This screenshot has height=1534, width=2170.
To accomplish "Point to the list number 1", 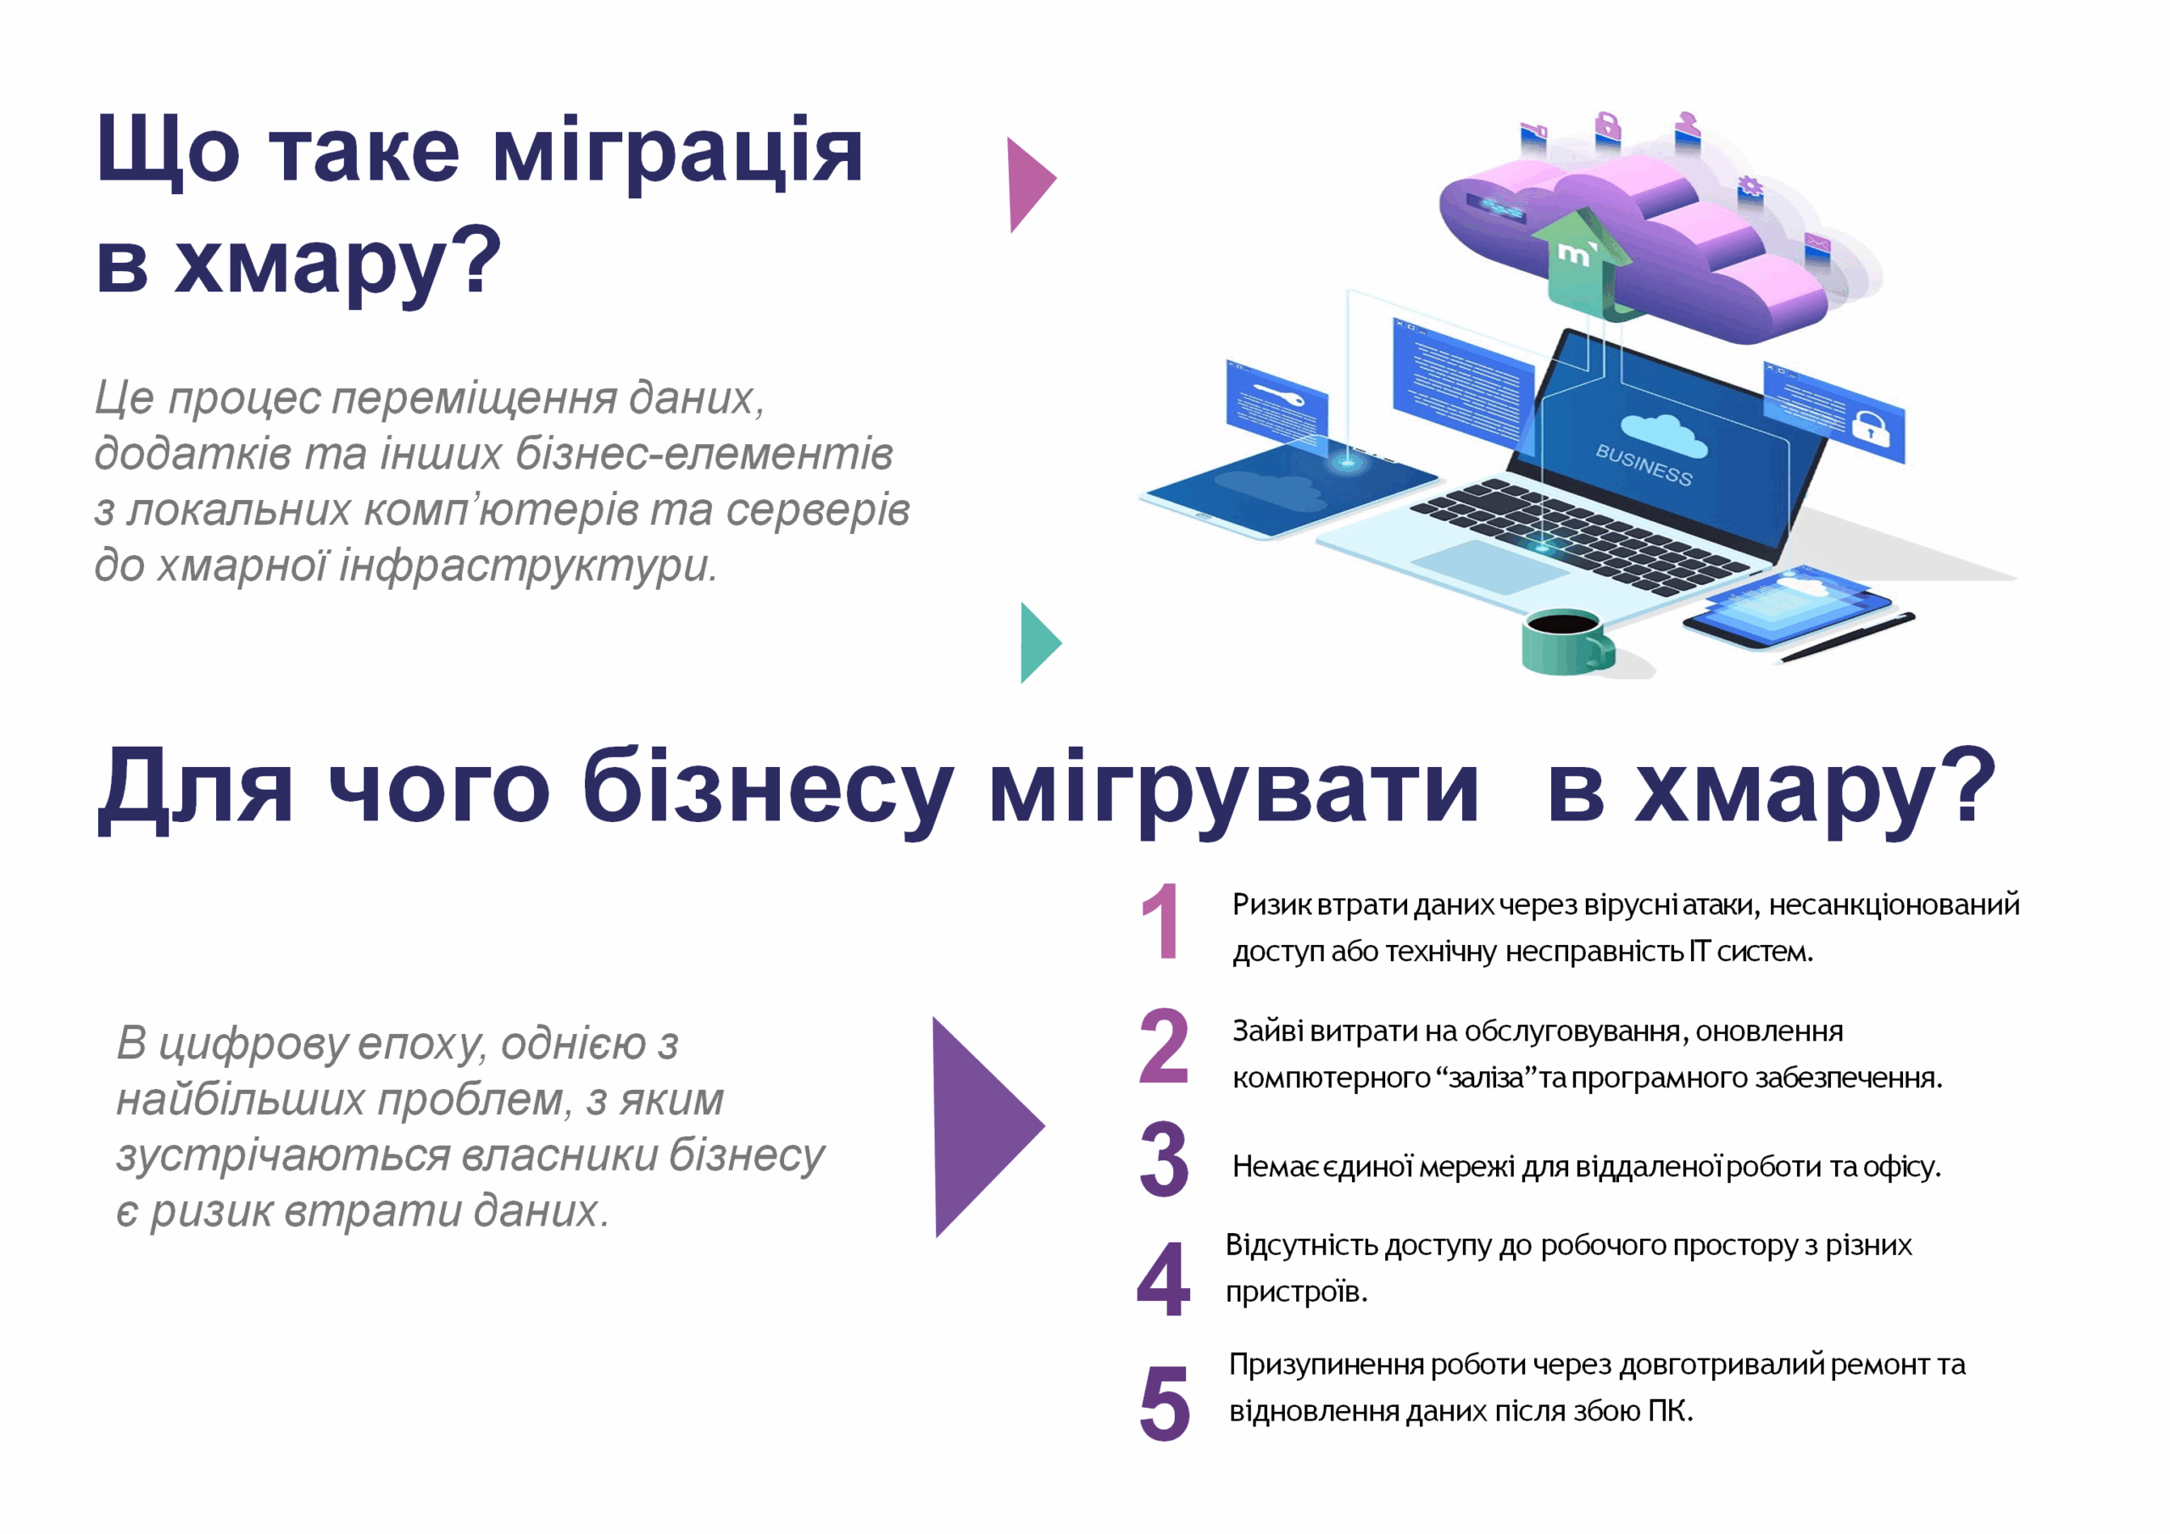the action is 1160,920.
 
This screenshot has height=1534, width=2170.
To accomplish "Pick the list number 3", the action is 1164,1159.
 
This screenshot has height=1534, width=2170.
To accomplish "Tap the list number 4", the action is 1164,1279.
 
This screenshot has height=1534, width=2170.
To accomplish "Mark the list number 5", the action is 1165,1403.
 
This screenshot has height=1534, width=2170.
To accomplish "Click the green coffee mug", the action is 1567,642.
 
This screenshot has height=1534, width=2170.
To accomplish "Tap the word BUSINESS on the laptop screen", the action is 1644,464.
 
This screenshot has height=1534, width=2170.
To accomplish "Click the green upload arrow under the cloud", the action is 1582,261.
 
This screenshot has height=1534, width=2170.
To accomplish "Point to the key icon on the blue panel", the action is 1277,394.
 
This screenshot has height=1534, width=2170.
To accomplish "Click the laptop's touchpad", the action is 1489,566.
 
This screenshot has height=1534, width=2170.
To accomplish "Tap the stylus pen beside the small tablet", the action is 1847,637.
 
